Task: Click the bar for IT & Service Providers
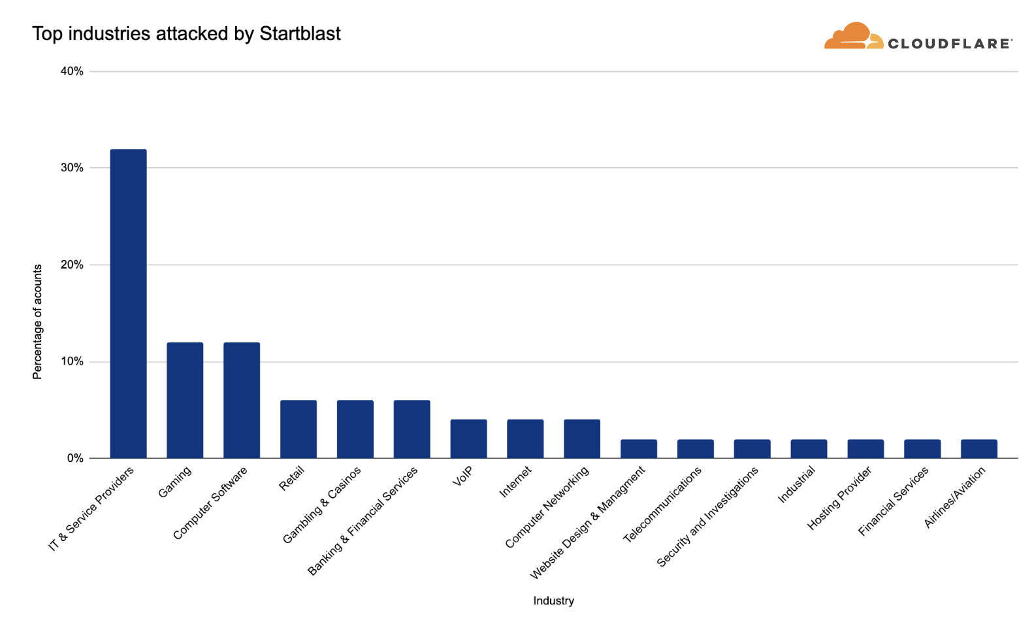[128, 304]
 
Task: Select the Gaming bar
[185, 400]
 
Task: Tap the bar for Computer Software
[242, 400]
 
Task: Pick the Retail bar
[299, 429]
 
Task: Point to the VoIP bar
[468, 438]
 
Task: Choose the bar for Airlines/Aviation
[979, 449]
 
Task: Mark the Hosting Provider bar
[866, 449]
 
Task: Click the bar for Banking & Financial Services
[412, 429]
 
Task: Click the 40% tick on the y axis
[72, 71]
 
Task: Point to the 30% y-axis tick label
[72, 168]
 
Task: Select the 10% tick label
[72, 361]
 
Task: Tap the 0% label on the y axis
[74, 458]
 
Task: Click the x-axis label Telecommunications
[662, 504]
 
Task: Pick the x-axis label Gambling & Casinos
[321, 505]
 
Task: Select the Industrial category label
[796, 484]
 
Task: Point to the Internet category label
[515, 482]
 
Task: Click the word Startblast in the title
[300, 33]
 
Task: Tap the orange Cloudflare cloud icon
[852, 37]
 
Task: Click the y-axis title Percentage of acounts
[37, 321]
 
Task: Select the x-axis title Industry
[553, 601]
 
